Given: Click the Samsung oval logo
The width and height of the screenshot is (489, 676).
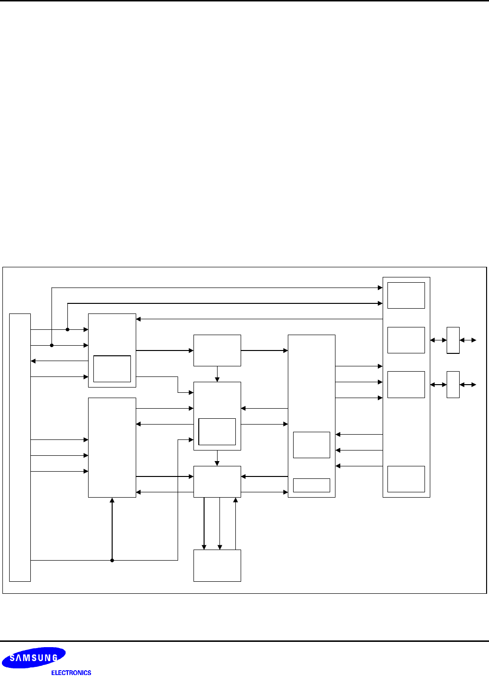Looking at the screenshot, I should point(33,658).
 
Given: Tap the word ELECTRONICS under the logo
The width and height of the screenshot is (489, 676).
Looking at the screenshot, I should point(71,673).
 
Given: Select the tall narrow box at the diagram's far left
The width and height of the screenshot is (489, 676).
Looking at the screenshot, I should point(20,447).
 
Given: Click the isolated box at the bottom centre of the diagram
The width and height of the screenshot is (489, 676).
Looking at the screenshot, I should point(217,565).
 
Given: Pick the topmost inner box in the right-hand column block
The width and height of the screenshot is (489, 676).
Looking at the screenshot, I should point(406,295).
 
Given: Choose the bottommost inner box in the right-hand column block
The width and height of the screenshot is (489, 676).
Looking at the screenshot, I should point(406,479).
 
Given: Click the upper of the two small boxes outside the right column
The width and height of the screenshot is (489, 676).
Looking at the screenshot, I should point(453,340).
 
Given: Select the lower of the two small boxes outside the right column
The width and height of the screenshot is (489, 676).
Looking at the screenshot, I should point(453,385).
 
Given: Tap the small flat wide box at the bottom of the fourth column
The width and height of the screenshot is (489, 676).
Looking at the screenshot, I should point(311,485).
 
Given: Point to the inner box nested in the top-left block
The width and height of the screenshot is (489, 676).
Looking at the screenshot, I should point(112,369).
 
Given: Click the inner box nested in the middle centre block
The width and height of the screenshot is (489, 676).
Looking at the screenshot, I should point(217,431).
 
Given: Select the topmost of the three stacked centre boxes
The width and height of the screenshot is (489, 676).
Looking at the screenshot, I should point(217,351).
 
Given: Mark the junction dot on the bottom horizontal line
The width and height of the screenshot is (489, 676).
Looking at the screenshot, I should point(112,560).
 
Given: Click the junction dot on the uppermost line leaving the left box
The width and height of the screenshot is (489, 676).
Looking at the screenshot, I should point(67,329).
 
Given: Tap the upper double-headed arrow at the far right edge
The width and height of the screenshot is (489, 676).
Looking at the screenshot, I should point(468,340).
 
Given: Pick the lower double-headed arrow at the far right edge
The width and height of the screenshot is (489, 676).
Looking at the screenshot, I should point(468,385).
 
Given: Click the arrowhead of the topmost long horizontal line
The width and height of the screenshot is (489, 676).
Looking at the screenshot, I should point(380,288).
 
